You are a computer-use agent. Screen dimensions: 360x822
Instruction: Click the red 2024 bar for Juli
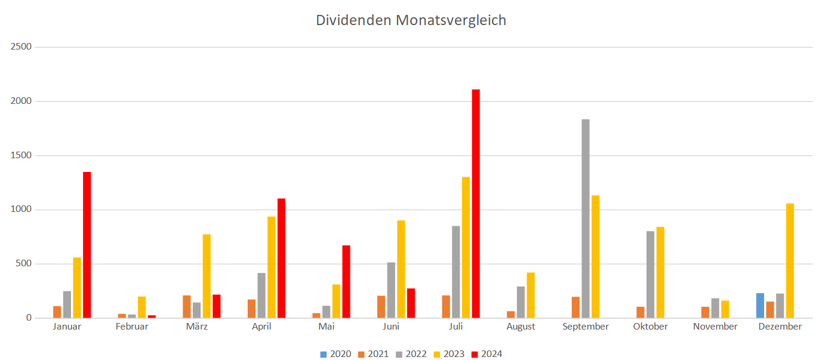point(476,203)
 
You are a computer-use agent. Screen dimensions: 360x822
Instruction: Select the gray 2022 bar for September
point(586,218)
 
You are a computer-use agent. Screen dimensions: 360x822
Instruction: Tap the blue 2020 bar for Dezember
point(760,305)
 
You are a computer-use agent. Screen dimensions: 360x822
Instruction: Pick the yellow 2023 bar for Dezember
point(790,260)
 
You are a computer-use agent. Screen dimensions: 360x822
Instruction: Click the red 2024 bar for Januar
point(87,245)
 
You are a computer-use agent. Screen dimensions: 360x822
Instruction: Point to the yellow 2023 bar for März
point(207,276)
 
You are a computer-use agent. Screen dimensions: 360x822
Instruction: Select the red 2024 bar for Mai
point(346,281)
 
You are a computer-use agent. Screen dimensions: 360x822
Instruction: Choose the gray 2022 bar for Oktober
point(650,274)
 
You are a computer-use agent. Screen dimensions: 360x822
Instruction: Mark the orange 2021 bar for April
point(251,308)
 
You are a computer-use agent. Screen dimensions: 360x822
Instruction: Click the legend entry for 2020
point(335,354)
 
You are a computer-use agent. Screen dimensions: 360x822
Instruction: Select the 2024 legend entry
point(487,354)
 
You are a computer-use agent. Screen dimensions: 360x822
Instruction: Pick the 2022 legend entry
point(411,354)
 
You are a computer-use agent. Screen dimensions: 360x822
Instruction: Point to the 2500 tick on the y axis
point(21,47)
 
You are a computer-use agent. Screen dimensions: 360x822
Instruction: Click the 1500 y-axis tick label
point(21,155)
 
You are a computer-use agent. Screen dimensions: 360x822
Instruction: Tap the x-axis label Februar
point(133,327)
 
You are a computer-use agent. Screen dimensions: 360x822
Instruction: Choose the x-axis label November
point(715,327)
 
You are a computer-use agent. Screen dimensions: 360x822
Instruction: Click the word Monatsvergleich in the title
point(451,20)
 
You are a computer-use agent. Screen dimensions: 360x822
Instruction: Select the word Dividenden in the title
point(353,20)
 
